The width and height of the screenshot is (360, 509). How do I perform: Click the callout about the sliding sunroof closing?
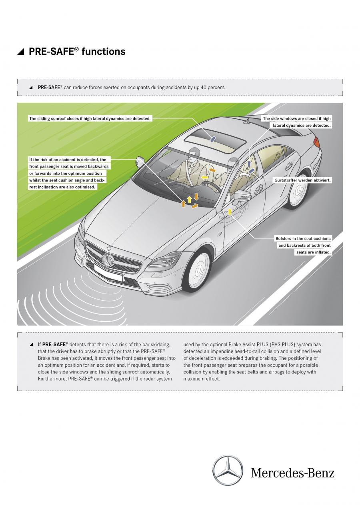point(90,119)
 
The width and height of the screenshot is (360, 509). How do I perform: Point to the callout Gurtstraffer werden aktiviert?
point(302,180)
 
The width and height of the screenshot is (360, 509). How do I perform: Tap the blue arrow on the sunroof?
point(213,139)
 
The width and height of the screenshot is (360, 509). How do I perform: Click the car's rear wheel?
point(298,190)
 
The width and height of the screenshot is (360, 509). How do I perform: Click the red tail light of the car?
point(317,142)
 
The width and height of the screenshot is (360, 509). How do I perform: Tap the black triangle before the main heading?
point(21,52)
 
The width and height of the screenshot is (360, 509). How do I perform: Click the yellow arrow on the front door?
point(230,211)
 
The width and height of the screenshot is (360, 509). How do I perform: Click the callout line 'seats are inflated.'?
point(314,252)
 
